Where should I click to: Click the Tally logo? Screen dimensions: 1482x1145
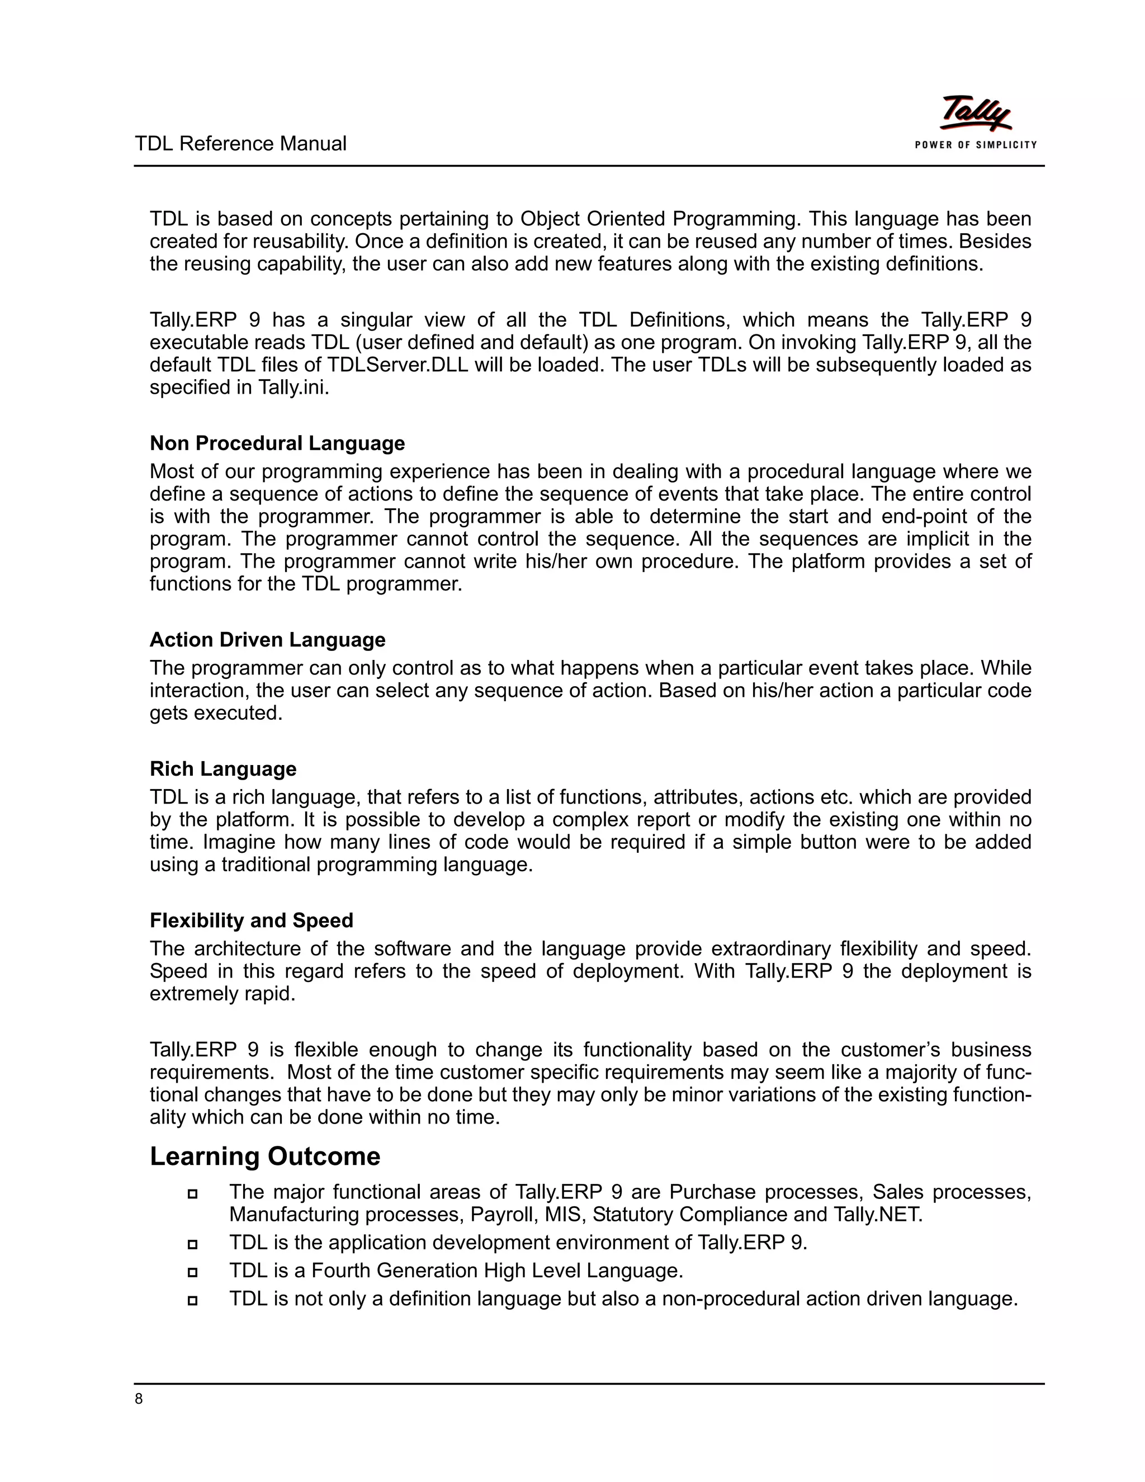[x=974, y=114]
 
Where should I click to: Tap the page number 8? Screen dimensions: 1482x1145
[x=139, y=1399]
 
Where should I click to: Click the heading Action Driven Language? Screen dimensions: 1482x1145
[x=267, y=640]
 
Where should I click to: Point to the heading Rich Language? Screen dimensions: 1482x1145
[x=223, y=769]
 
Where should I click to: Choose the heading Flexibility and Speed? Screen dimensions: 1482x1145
[x=251, y=920]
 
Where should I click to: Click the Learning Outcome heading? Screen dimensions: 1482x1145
[x=264, y=1157]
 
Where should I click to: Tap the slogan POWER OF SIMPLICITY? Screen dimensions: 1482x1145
[x=976, y=144]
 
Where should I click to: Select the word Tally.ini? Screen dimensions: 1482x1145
[x=293, y=388]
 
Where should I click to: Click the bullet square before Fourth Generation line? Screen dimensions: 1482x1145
[x=193, y=1272]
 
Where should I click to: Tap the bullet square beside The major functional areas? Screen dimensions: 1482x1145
[x=193, y=1193]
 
